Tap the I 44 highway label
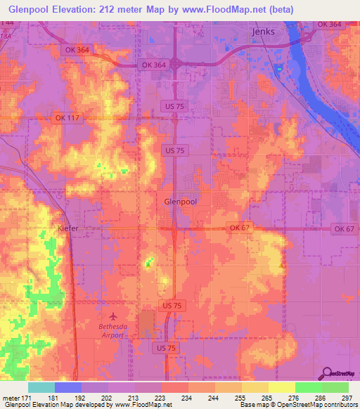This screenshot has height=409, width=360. (x=6, y=24)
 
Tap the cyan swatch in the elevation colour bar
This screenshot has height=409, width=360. (x=41, y=387)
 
